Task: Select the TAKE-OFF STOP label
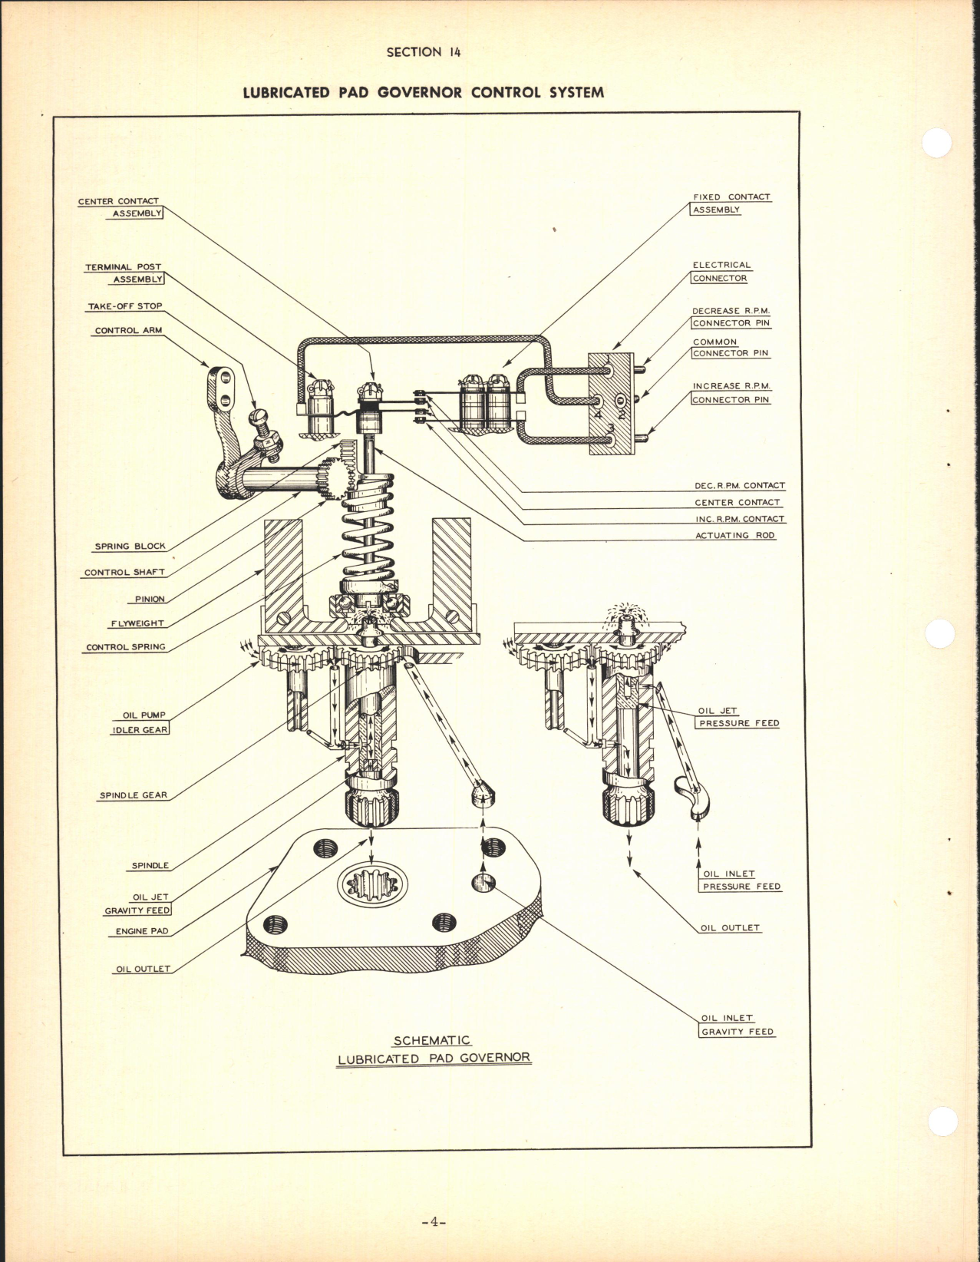pos(124,306)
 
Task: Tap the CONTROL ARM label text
pos(128,331)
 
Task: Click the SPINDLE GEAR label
pos(133,795)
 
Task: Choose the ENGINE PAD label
pos(142,931)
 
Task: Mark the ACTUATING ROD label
pos(734,535)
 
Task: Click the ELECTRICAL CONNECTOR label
pos(721,272)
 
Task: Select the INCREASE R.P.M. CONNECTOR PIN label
pos(730,393)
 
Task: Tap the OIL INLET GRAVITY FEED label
pos(737,1025)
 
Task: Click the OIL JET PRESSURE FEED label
pos(737,717)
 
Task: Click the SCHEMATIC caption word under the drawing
pos(431,1041)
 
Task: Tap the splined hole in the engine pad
pos(371,886)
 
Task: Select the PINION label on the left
pos(150,599)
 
